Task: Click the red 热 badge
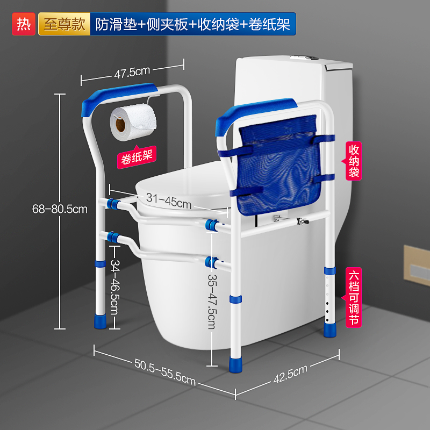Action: [24, 25]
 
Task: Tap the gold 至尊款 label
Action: [64, 25]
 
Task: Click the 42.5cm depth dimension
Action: [290, 375]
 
